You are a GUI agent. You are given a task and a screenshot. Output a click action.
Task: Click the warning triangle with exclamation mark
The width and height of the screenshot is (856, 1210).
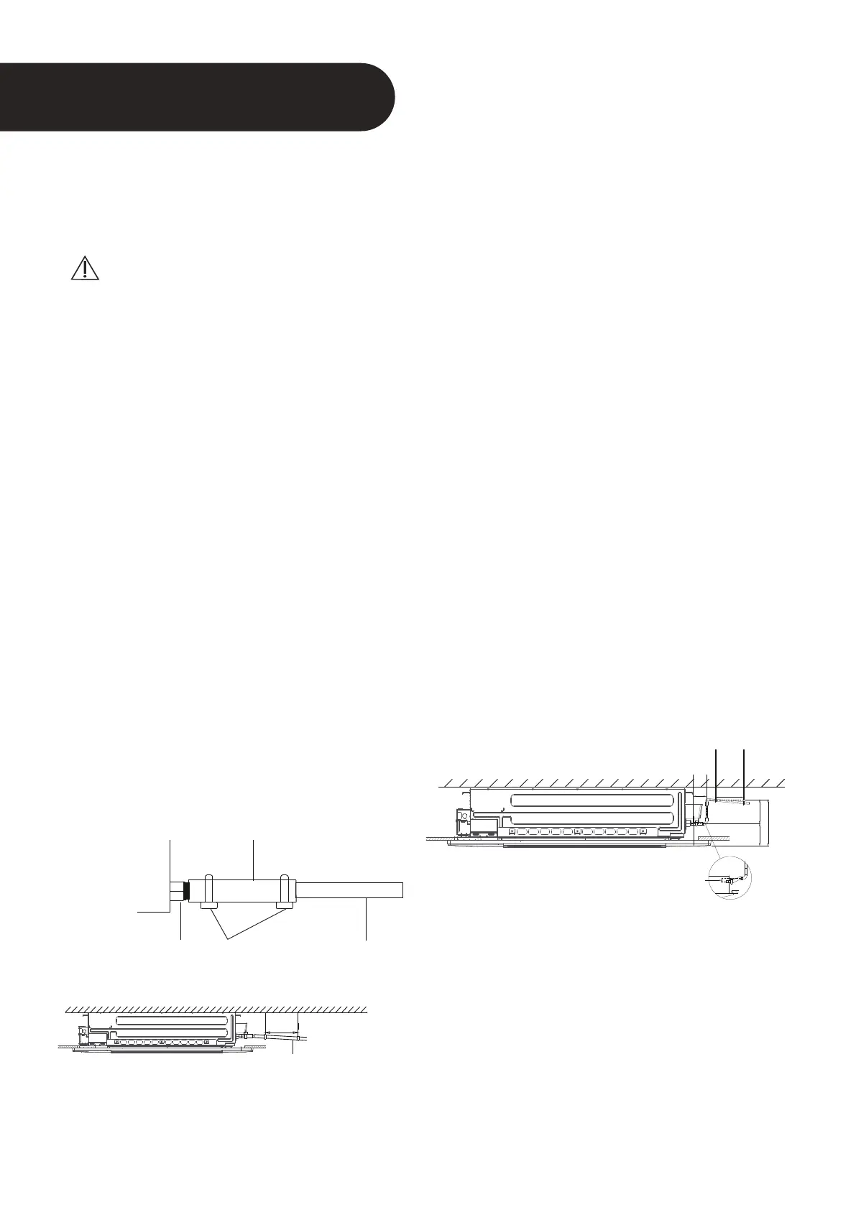click(86, 267)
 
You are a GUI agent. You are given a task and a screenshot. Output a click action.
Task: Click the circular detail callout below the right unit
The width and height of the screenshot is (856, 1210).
click(730, 878)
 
